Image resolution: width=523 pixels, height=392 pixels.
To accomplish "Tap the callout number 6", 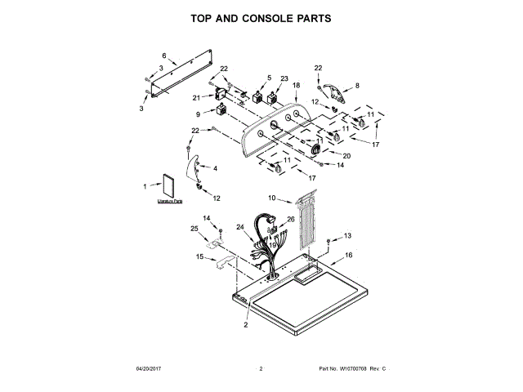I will click(x=163, y=55).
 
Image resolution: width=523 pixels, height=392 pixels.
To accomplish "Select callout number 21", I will click(x=196, y=97).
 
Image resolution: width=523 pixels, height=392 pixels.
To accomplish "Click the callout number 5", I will click(x=269, y=78).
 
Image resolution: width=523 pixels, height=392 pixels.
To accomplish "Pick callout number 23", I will click(x=284, y=78).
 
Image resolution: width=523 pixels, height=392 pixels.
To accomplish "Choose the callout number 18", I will click(x=296, y=85).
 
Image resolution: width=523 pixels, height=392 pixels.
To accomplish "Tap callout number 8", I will click(x=356, y=85).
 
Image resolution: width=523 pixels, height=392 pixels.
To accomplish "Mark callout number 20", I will click(x=346, y=156).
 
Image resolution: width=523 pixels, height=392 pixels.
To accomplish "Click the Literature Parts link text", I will click(x=169, y=201).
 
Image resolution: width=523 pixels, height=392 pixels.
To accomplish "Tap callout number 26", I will click(x=291, y=219).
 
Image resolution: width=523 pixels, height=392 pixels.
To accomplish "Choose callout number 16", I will click(x=348, y=256).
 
